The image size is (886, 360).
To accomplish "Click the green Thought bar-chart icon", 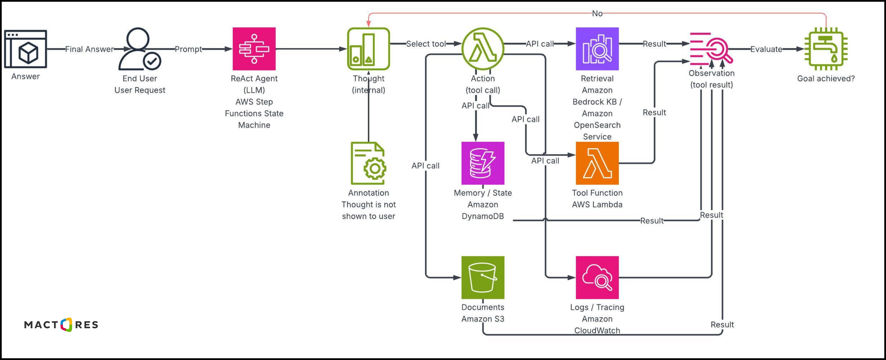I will point(368,49).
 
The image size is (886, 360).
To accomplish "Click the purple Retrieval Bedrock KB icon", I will point(597,49).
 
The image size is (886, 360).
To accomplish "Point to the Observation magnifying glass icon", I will point(711,49).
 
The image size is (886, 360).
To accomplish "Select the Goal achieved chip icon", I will point(826,49).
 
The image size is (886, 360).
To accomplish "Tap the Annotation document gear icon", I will point(368,163).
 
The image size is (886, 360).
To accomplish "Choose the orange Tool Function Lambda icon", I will point(597,163).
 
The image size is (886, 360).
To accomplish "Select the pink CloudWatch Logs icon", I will point(597,277).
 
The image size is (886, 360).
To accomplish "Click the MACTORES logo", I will point(61,325).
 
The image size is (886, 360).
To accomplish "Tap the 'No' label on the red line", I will point(597,13).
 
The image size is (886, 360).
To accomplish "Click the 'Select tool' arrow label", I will point(426,44).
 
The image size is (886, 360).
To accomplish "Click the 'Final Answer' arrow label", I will point(89,49).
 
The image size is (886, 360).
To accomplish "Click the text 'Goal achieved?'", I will point(826,78).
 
